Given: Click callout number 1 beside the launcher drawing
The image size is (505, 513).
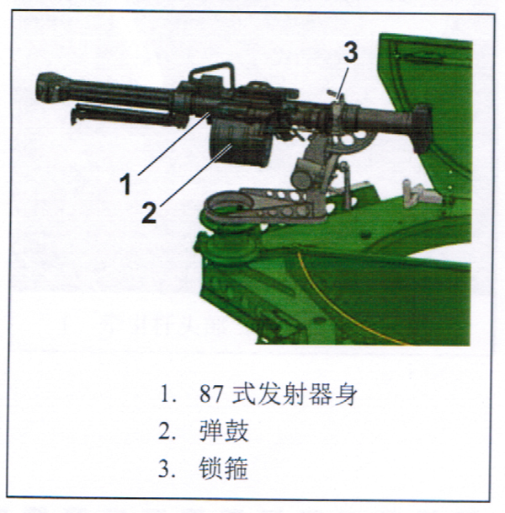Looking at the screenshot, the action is click(x=126, y=184).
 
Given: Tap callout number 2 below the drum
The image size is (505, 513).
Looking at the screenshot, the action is click(x=149, y=212).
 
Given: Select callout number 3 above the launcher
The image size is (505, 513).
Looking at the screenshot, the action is click(x=350, y=52).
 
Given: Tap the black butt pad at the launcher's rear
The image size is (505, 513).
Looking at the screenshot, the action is click(x=423, y=129).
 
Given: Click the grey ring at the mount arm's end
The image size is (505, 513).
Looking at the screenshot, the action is click(x=229, y=204).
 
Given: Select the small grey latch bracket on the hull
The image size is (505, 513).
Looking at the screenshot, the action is click(x=419, y=194).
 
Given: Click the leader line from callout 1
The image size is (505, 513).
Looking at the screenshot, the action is click(x=174, y=144).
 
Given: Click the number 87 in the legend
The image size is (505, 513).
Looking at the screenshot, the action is click(x=211, y=394).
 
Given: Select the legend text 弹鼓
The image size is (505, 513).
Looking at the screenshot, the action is click(x=224, y=431).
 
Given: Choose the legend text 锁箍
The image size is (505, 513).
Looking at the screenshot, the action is click(x=224, y=468).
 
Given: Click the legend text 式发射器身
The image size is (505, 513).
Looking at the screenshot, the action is click(x=295, y=394).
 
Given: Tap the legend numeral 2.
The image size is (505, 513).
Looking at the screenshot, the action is click(x=164, y=431).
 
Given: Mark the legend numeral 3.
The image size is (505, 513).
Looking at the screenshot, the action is click(x=163, y=469).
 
